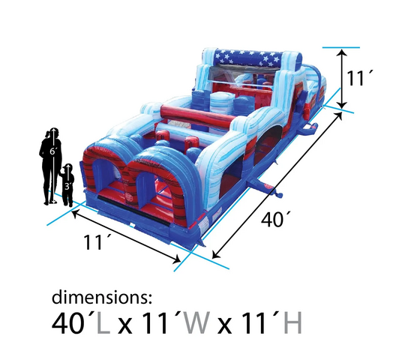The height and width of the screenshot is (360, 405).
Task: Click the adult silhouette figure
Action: pos(52,165)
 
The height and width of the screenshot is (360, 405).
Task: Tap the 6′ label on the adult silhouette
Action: pos(52,151)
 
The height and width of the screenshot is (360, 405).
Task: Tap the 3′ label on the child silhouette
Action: pos(68,187)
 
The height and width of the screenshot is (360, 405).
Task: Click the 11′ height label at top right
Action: pos(360,78)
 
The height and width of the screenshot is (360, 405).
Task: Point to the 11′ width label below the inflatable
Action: pos(96,242)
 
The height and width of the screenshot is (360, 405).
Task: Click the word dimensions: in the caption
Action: pos(102,297)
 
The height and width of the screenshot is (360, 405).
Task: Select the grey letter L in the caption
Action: pos(103,322)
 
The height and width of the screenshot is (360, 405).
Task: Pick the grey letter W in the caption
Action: pos(196,322)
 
